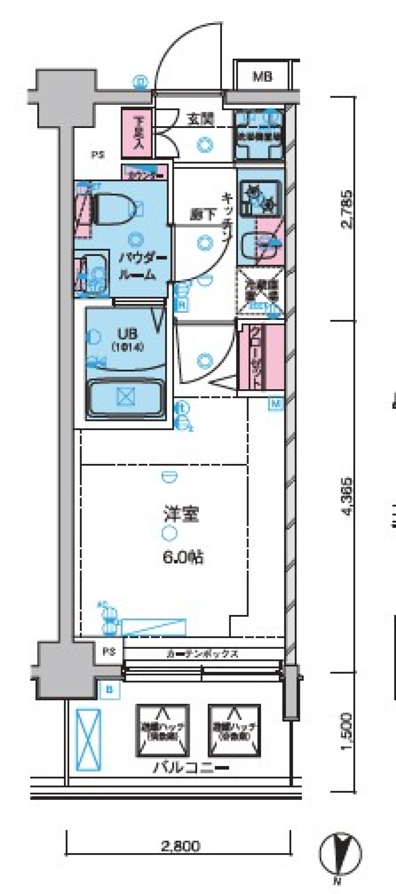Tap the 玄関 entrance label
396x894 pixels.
coord(201,120)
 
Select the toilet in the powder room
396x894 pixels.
coord(118,210)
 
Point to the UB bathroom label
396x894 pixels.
coord(127,333)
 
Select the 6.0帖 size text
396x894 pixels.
coord(183,558)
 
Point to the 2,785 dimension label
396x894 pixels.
coord(348,209)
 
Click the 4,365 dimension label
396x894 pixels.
coord(348,496)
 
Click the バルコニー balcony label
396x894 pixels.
coord(191,767)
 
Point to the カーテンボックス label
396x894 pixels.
coord(203,653)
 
